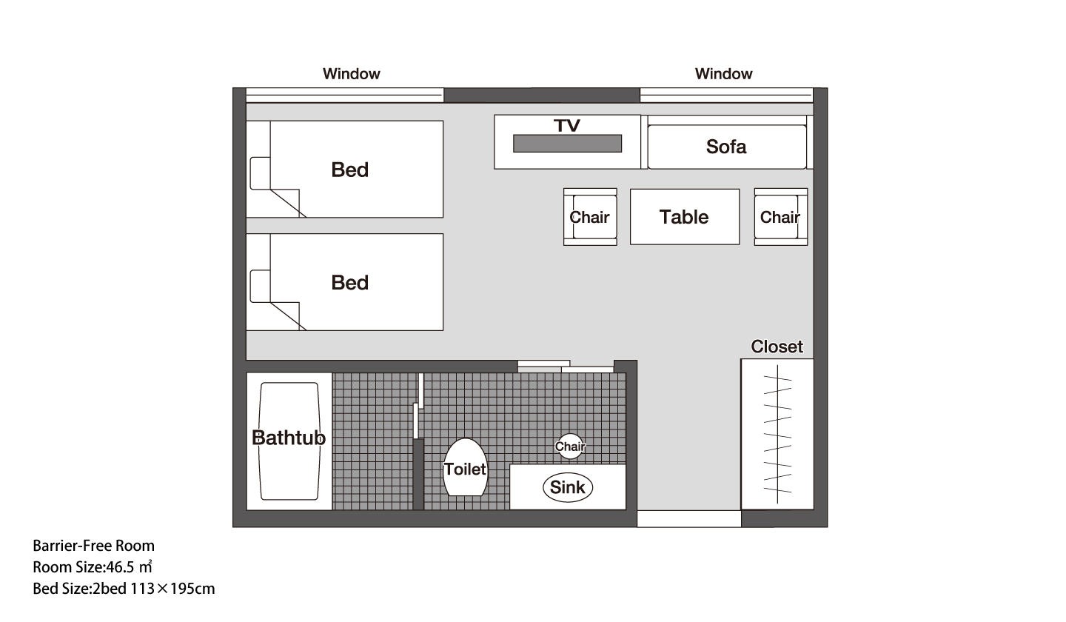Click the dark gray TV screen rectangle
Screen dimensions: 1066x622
[567, 143]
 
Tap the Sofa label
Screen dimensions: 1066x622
[726, 147]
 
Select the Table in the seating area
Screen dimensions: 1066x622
[685, 217]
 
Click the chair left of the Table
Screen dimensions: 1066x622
[590, 217]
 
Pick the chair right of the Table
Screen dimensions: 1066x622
[781, 217]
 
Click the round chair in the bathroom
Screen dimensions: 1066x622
[570, 447]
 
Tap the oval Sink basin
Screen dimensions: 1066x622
[568, 487]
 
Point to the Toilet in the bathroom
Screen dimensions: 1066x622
[465, 467]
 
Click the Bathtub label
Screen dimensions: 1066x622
[289, 438]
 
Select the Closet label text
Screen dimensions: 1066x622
[777, 347]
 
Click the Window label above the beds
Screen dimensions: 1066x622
[351, 74]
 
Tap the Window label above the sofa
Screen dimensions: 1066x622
[723, 74]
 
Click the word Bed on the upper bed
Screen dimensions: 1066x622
[349, 170]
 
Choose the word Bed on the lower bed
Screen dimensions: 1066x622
[349, 283]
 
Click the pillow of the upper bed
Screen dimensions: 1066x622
[261, 173]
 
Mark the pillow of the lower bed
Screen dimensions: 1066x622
[261, 286]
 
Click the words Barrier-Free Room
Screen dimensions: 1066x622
[94, 546]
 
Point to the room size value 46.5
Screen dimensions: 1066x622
[120, 567]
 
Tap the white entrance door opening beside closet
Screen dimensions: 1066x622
[689, 519]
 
